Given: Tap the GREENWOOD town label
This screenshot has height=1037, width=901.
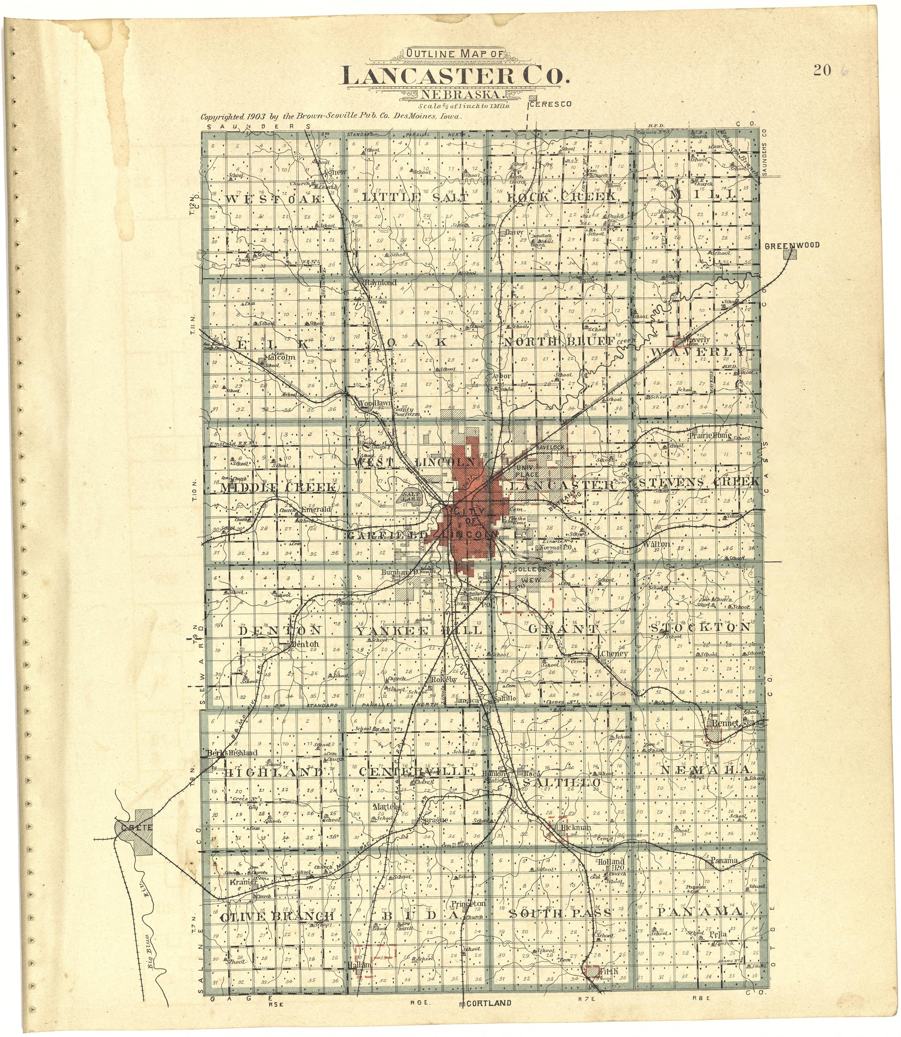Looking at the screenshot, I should [792, 246].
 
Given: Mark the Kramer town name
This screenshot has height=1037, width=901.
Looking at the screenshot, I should [244, 882].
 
